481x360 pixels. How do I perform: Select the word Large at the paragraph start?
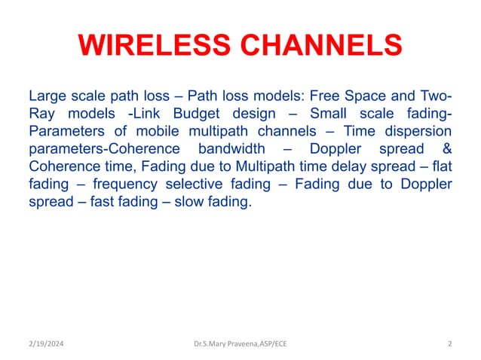coord(47,97)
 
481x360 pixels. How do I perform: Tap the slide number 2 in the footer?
coord(449,344)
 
